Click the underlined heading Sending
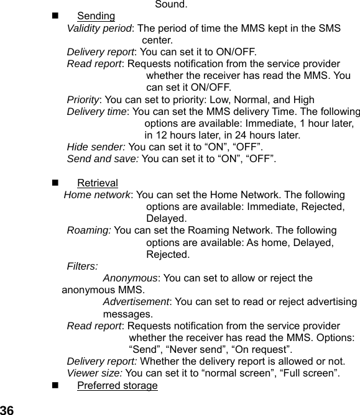point(96,16)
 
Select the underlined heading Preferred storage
point(117,386)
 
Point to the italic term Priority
point(83,99)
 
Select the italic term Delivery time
point(96,111)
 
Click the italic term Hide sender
point(96,147)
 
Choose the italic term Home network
point(97,194)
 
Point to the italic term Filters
point(82,267)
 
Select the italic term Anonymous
point(129,278)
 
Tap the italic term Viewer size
point(95,373)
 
